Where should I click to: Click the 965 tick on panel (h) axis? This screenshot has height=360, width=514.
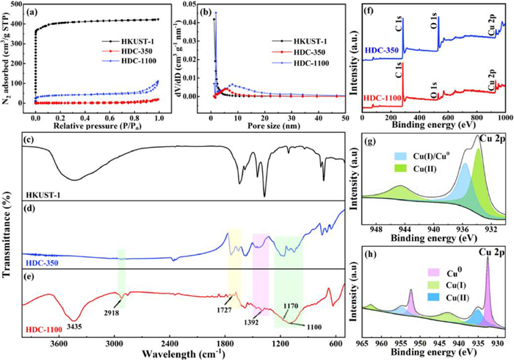point(362,342)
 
